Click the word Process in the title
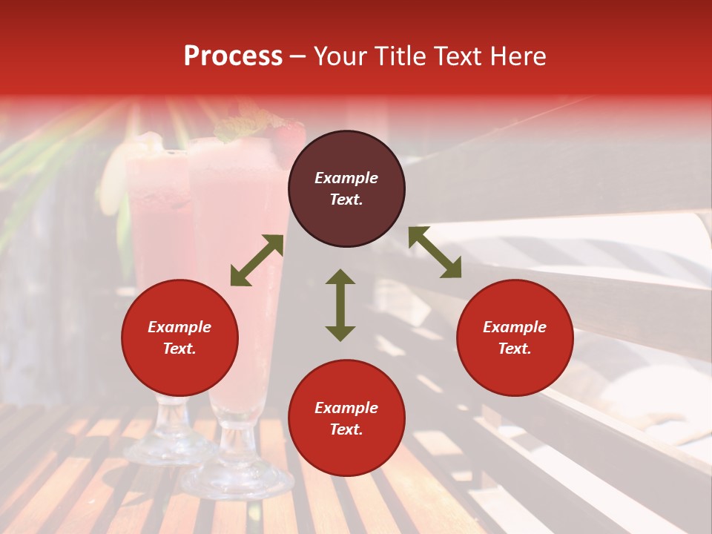coord(233,56)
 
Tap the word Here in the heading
coord(517,56)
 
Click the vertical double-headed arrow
coord(340,305)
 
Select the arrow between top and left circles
coord(257,260)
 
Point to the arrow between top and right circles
coord(435,252)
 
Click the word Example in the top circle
coord(346,178)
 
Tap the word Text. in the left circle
coord(179,349)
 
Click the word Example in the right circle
coord(515,327)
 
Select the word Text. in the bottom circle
coord(346,429)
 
